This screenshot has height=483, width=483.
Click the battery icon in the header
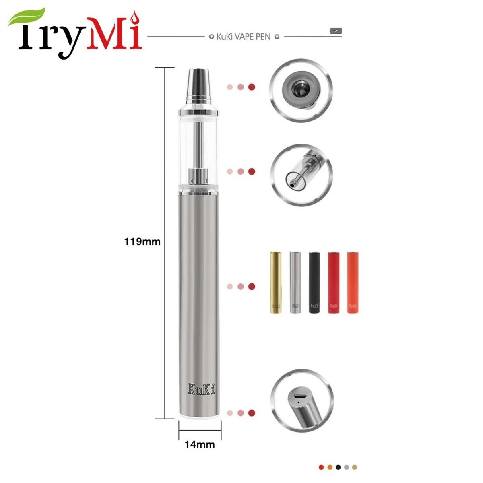coord(335,31)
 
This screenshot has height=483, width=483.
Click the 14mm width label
coord(200,445)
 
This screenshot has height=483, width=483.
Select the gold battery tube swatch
coord(276,282)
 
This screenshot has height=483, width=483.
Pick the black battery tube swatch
coord(314,282)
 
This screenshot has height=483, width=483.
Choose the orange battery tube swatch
coord(353,282)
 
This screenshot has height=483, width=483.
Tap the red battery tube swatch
coord(333,282)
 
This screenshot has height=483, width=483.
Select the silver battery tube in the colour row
coord(295,282)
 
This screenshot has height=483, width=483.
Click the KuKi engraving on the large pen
coord(201,389)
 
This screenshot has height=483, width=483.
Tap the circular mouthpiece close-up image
coord(301,91)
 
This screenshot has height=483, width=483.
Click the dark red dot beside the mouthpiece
coord(252,87)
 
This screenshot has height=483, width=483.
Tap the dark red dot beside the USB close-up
coord(252,413)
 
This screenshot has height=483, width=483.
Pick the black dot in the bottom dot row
coord(339,467)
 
